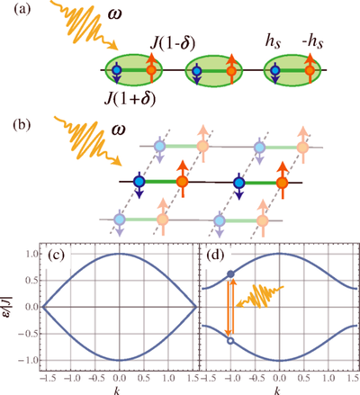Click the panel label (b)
click(22, 125)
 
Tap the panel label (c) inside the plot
click(56, 256)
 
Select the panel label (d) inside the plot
click(216, 256)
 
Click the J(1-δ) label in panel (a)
click(173, 43)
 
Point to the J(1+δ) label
click(130, 99)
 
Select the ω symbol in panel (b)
click(118, 130)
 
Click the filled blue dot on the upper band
click(230, 274)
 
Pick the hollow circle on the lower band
click(230, 340)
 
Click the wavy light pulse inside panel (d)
click(260, 297)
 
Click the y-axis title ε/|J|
click(10, 307)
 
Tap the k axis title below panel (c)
click(117, 391)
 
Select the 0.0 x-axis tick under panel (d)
click(279, 378)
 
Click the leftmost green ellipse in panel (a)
click(133, 71)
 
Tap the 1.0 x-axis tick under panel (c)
click(169, 378)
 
